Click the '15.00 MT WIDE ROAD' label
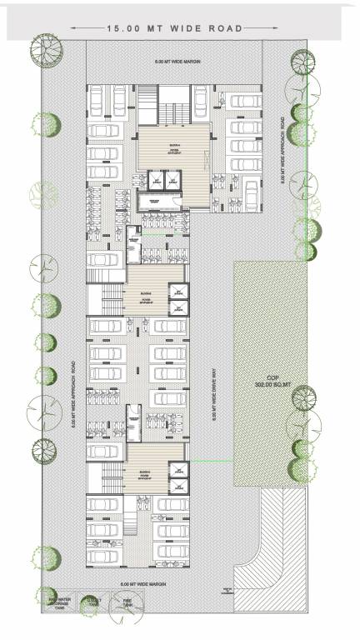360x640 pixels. pos(175,28)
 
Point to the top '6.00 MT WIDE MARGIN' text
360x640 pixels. pos(172,63)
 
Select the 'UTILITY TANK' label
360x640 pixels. pos(93,602)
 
